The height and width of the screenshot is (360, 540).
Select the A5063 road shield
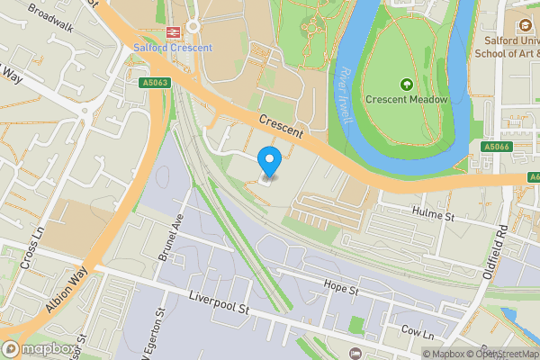pos(156,82)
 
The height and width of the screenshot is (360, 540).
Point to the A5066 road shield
pos(496,147)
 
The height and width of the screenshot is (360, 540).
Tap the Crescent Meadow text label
pos(406,99)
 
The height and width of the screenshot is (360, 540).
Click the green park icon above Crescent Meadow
pos(406,84)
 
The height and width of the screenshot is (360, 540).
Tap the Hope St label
pos(341,291)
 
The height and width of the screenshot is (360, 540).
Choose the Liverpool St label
pos(219,302)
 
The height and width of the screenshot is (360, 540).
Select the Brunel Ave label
pos(170,238)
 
